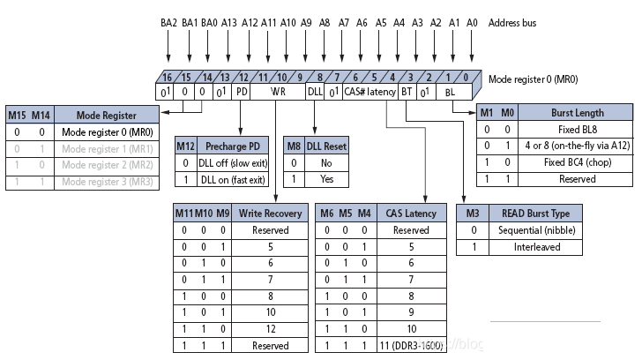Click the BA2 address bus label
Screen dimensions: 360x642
pos(168,23)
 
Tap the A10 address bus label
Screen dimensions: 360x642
pos(287,23)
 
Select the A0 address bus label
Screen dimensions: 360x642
pos(472,23)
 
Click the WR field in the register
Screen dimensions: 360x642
pos(278,92)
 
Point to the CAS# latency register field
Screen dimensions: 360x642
pos(370,92)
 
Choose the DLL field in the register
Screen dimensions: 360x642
pos(315,92)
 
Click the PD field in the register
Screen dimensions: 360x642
pos(242,92)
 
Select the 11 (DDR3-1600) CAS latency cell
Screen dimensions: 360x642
pos(411,346)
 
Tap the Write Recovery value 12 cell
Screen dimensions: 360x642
pos(270,329)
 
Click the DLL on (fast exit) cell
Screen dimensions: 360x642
pos(233,180)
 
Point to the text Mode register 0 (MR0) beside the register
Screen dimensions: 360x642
pos(534,79)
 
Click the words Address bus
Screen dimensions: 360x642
pos(512,23)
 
